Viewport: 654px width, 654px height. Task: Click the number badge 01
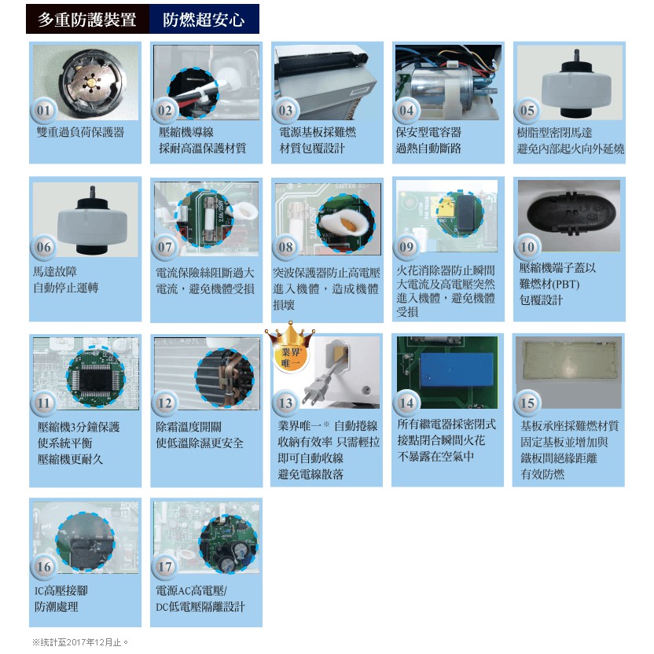(x=43, y=111)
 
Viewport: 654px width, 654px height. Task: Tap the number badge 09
(x=406, y=247)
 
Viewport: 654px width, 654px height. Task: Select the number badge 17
(x=164, y=567)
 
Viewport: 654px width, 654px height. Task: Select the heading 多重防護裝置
(x=87, y=20)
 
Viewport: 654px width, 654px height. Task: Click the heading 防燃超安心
(x=204, y=20)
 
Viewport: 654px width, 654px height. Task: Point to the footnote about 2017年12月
(x=80, y=642)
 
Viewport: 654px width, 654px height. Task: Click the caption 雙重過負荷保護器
(x=80, y=133)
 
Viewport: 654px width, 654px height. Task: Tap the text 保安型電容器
(x=428, y=133)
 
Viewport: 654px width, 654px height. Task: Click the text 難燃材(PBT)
(x=549, y=284)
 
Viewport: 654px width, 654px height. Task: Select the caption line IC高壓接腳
(x=61, y=590)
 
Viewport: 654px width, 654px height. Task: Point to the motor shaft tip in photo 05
(x=577, y=51)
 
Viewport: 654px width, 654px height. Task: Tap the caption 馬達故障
(x=55, y=272)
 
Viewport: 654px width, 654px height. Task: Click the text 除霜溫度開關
(x=189, y=427)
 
